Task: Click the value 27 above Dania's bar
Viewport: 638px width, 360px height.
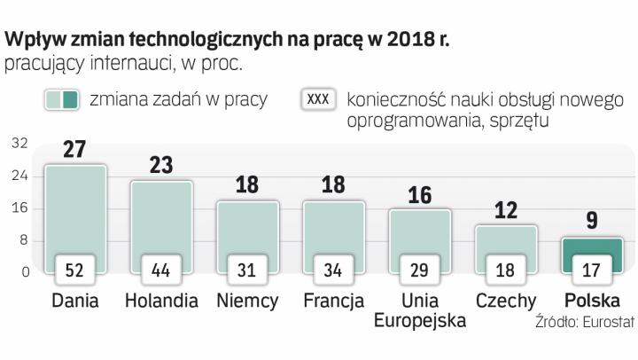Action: pyautogui.click(x=75, y=149)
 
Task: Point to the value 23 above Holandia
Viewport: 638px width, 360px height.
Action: pyautogui.click(x=160, y=165)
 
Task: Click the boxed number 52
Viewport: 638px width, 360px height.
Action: pyautogui.click(x=75, y=267)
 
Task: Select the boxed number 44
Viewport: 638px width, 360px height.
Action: pyautogui.click(x=160, y=267)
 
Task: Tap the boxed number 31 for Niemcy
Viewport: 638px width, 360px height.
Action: pyautogui.click(x=247, y=267)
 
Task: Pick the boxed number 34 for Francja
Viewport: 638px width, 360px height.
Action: pyautogui.click(x=333, y=267)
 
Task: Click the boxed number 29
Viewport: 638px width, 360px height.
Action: pyautogui.click(x=419, y=267)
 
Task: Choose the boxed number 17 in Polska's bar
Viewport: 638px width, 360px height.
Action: pyautogui.click(x=591, y=267)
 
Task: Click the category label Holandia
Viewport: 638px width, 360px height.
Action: pyautogui.click(x=160, y=301)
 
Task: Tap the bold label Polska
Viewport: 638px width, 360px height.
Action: pyautogui.click(x=591, y=301)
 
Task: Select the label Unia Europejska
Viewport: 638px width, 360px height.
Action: pyautogui.click(x=419, y=310)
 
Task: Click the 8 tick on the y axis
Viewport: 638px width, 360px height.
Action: pyautogui.click(x=25, y=240)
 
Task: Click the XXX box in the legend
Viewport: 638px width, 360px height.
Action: pyautogui.click(x=318, y=99)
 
